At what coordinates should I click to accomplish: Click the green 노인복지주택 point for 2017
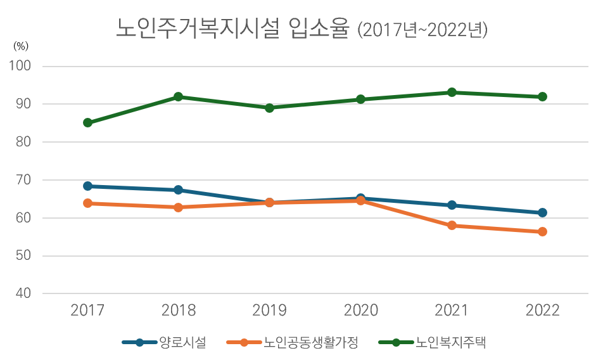87,122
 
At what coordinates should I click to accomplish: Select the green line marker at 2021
452,93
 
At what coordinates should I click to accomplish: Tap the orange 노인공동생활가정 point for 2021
452,225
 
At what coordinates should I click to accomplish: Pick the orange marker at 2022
543,232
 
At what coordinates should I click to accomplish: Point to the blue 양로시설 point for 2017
87,186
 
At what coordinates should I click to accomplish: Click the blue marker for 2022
543,213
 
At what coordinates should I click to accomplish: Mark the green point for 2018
179,97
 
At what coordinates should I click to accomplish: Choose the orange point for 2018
179,207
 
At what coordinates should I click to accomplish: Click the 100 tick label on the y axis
24,66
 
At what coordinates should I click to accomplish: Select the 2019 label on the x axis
270,311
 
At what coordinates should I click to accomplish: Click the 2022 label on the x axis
543,311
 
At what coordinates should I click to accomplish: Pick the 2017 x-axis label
87,311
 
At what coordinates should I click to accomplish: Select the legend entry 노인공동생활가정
311,343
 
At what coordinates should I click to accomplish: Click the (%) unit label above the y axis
21,46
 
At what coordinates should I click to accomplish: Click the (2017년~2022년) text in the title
422,30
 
